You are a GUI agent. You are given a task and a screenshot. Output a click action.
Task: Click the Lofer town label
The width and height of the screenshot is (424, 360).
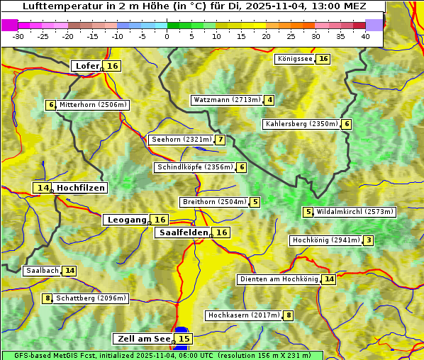pos(87,66)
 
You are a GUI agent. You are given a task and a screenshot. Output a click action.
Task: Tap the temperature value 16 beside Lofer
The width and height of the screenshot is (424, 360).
pos(113,66)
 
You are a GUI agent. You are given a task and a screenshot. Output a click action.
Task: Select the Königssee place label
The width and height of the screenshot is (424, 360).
pos(294,59)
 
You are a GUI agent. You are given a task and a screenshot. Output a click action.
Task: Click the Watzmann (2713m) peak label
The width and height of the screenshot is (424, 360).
pos(227,100)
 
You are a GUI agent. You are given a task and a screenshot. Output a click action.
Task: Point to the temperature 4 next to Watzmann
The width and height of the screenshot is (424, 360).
pos(269,100)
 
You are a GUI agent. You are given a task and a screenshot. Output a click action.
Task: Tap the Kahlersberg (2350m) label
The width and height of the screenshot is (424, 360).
pos(301,124)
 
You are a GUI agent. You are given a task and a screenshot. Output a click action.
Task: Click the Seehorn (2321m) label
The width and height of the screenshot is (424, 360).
pos(182,140)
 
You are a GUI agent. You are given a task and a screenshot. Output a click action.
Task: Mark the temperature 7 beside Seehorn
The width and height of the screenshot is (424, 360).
pos(221,140)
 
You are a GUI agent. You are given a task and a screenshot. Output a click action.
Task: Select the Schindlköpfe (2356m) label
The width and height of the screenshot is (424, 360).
pos(194,167)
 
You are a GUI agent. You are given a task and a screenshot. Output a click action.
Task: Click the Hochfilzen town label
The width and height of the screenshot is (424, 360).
pos(80,188)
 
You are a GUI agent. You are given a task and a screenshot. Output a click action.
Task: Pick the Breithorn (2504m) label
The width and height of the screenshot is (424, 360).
pos(213,202)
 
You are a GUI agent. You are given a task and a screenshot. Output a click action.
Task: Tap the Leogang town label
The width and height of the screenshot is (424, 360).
pos(127,220)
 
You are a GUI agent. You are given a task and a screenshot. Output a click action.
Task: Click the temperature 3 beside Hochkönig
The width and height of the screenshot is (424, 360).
pos(368,240)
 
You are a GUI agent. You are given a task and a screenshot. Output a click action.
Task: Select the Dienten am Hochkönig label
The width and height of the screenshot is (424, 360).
pos(278,279)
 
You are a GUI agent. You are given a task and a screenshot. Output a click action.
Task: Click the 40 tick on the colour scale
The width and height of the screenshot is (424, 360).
pos(365,36)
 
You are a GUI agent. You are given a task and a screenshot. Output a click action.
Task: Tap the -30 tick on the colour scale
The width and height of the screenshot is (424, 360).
pos(18,36)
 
